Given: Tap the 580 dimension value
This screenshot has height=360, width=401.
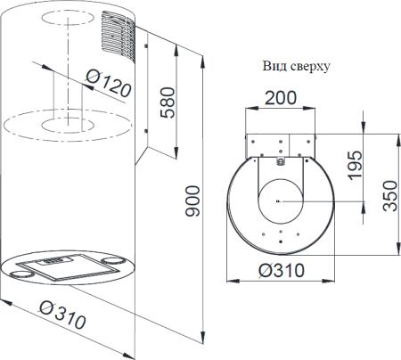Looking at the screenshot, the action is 168,102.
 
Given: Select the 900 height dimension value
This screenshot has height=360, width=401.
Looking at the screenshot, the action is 192,200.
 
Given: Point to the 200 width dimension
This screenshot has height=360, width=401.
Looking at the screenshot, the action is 281,98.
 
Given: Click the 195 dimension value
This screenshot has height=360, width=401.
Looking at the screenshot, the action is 356,165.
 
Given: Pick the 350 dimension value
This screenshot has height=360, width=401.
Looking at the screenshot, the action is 390,196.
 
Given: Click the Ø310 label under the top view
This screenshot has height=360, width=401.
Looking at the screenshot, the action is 282,270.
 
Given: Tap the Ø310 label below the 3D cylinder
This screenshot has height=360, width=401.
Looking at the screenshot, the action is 62,315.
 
